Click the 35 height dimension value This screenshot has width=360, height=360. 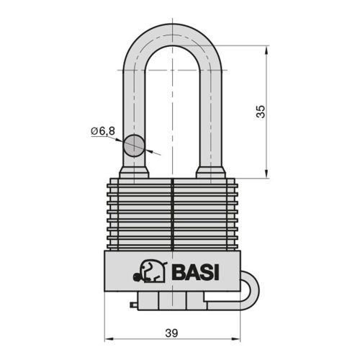pyautogui.click(x=261, y=111)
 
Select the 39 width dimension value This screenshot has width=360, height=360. pyautogui.click(x=171, y=333)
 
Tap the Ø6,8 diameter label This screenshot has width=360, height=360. pyautogui.click(x=103, y=130)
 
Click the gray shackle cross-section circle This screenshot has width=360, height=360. pyautogui.click(x=134, y=145)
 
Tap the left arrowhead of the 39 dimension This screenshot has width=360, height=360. pyautogui.click(x=109, y=338)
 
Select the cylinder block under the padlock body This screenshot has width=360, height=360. pyautogui.click(x=172, y=303)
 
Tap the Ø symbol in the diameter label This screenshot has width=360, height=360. pyautogui.click(x=94, y=130)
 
